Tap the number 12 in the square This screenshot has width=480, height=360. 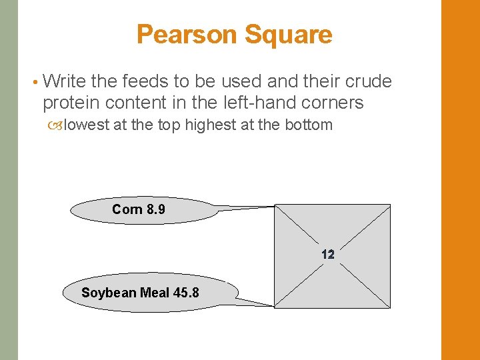[327, 254]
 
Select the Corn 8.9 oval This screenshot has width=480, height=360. [144, 210]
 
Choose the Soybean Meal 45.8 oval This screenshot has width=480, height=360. [150, 293]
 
